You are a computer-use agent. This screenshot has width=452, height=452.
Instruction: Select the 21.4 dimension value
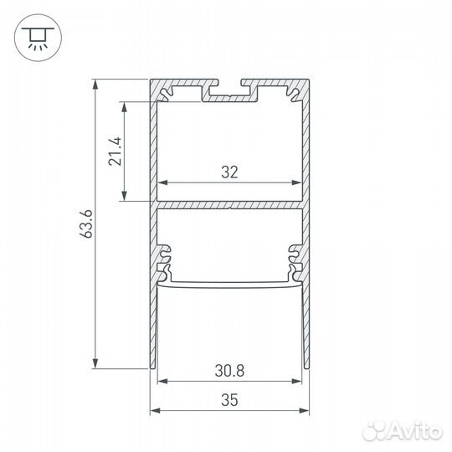pyautogui.click(x=116, y=151)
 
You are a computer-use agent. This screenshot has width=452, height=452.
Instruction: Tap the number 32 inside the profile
pyautogui.click(x=230, y=172)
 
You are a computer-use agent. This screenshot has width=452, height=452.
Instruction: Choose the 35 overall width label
pyautogui.click(x=229, y=401)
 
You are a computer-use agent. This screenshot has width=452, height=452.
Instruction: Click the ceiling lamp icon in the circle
pyautogui.click(x=36, y=36)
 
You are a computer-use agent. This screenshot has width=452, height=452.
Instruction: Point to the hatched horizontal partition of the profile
pyautogui.click(x=229, y=203)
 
